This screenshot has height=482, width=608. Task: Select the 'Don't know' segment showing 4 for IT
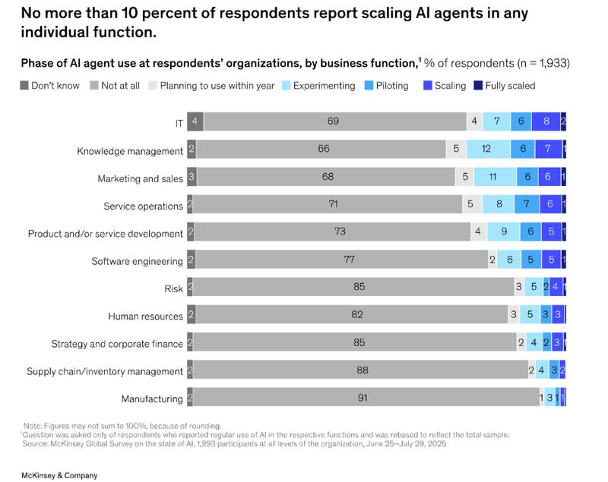195,121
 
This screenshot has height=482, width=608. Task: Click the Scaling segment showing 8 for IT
546,121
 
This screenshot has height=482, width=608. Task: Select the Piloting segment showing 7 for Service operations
527,204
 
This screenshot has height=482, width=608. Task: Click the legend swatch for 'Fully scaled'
479,86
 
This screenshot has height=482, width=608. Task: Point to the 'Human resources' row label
145,316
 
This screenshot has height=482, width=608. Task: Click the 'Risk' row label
173,288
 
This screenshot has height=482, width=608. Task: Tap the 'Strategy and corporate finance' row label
117,343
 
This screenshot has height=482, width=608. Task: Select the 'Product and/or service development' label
106,233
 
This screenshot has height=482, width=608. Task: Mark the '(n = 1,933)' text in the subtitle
532,63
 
